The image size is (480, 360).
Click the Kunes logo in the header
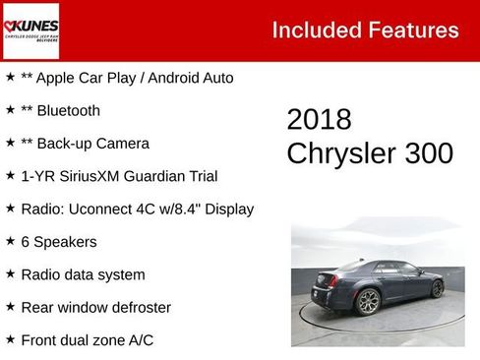click(x=31, y=30)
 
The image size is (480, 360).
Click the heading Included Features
click(x=365, y=30)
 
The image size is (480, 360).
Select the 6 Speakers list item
click(x=58, y=242)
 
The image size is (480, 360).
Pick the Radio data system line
click(x=83, y=274)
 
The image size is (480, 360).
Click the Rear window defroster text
click(x=95, y=307)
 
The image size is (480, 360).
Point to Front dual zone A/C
click(x=87, y=340)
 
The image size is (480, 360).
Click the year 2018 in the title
click(x=319, y=120)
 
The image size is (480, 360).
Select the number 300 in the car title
click(x=424, y=153)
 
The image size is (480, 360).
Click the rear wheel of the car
click(x=437, y=287)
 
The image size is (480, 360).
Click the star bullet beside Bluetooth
click(x=10, y=110)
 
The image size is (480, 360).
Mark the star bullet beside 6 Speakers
click(x=10, y=241)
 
